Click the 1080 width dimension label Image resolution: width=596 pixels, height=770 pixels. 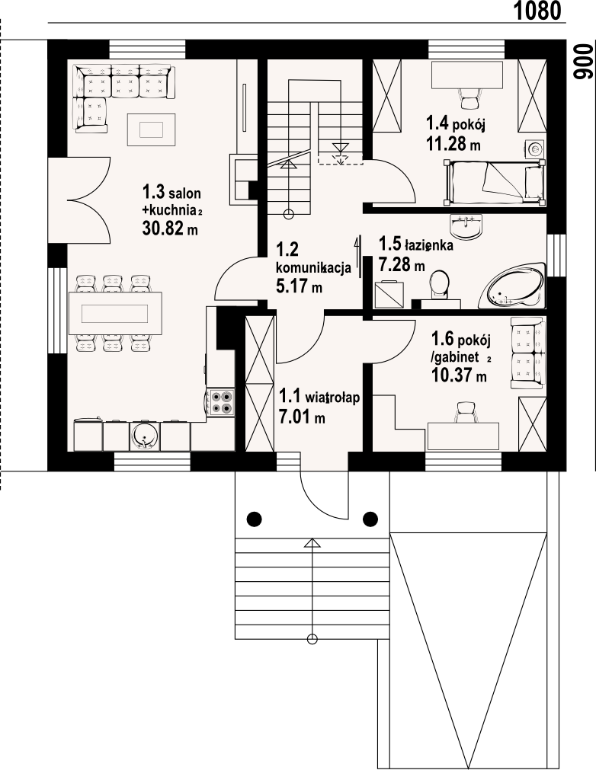[x=537, y=11]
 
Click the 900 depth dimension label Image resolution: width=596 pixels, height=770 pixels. [x=582, y=62]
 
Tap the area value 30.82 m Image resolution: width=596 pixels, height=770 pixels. [x=170, y=228]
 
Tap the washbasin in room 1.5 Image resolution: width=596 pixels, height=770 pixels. [x=466, y=226]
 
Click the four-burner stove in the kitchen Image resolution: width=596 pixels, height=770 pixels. [x=220, y=402]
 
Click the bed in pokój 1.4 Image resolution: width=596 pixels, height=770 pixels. [x=495, y=182]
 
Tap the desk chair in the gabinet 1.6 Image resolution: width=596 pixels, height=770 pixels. [x=466, y=412]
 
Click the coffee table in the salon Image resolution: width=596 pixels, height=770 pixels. [x=151, y=129]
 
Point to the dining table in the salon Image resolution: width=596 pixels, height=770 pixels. [x=115, y=313]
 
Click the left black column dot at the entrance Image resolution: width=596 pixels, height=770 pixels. [x=254, y=518]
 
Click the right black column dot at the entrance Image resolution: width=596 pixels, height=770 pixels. [x=370, y=518]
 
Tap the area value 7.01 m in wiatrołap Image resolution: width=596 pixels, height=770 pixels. [x=302, y=417]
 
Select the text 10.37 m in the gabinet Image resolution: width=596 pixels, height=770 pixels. [x=459, y=375]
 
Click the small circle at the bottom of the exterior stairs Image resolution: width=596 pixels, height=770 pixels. [x=312, y=639]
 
